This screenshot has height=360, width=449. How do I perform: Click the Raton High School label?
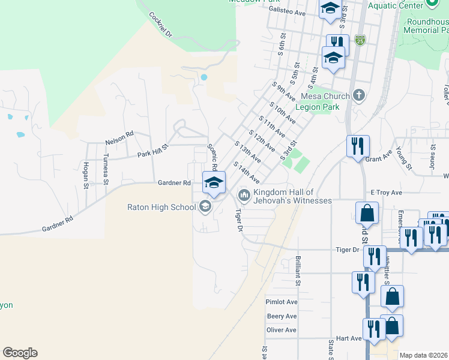161,208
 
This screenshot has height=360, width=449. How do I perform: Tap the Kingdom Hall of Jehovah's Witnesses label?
292,196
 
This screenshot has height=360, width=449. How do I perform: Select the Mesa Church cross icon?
359,95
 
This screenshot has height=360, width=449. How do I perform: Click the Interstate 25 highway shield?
360,40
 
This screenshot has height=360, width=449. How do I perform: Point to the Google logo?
20,353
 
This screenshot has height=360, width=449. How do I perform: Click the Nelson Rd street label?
120,134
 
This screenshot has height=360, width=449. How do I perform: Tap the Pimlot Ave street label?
282,302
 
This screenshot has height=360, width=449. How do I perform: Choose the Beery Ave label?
282,316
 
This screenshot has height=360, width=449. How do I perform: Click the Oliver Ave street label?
282,330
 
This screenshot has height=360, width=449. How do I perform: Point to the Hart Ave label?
349,338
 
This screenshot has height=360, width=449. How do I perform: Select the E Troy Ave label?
386,193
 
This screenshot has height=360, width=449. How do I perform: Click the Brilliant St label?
298,267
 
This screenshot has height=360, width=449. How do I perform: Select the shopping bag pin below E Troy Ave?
367,212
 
